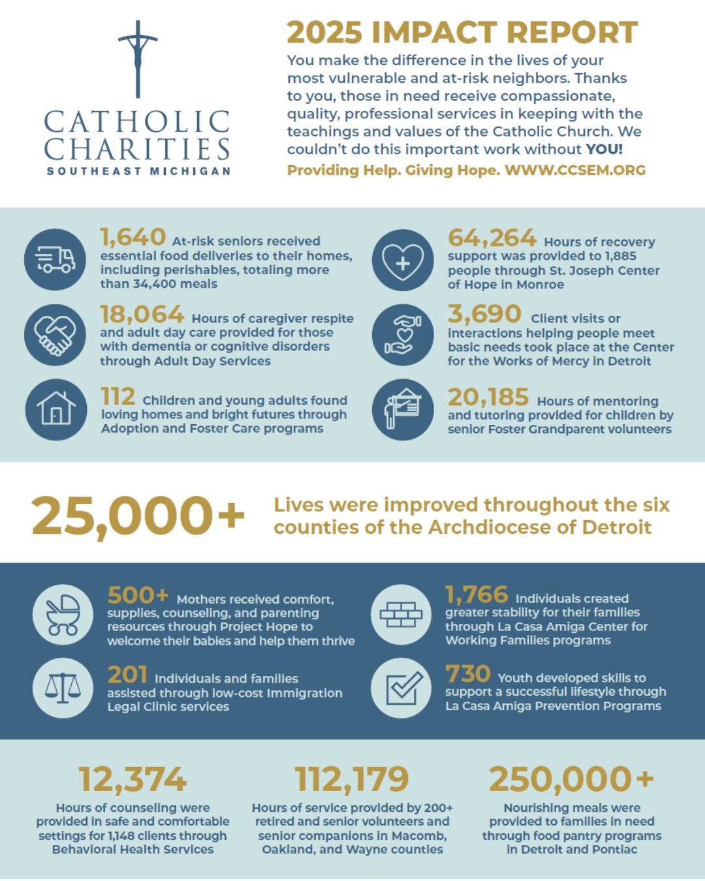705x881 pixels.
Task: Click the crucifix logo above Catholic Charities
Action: coord(138,59)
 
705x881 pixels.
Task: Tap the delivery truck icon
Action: coord(55,259)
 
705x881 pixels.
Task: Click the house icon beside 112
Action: coord(55,410)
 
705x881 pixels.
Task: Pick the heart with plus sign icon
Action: coord(403,260)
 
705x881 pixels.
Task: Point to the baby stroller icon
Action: coord(63,614)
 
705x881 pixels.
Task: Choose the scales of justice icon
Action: coord(63,688)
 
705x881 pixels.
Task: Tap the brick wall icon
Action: coord(401,614)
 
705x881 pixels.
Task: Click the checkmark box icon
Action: coord(401,688)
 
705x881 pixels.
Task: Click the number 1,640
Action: coord(133,238)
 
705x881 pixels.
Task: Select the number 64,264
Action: coord(492,238)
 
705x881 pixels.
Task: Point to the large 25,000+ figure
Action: coord(138,516)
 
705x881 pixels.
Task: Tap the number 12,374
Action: coord(133,779)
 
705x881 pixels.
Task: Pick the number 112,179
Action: coord(352,779)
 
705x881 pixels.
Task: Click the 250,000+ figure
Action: coord(571,779)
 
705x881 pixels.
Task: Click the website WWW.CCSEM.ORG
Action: coord(575,170)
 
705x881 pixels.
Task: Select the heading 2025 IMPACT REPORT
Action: coord(462,33)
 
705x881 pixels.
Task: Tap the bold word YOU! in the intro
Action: coord(604,149)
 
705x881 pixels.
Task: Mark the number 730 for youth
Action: coord(467,674)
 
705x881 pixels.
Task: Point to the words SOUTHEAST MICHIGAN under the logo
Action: coord(138,171)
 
